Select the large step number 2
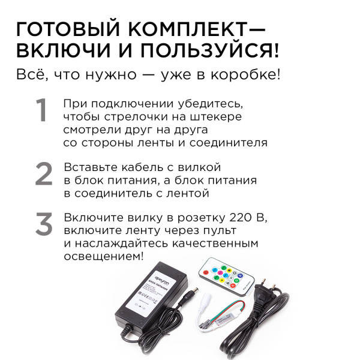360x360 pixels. (x=44, y=175)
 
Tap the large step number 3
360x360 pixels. (x=44, y=224)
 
